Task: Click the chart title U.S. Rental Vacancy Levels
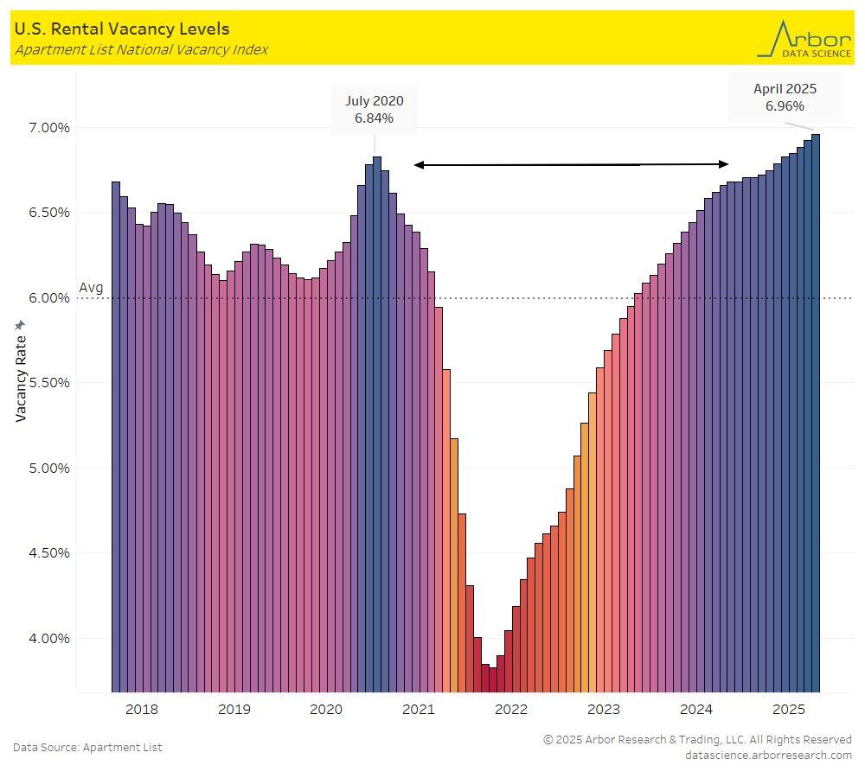122,29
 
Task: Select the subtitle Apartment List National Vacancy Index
141,50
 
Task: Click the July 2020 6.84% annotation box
374,110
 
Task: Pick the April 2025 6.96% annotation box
785,97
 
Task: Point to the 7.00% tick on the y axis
44,128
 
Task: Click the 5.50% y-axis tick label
44,383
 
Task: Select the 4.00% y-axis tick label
44,639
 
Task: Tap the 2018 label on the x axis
142,711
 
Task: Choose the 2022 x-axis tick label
511,711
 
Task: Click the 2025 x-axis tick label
789,711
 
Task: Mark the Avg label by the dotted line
90,288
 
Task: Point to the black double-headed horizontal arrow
571,164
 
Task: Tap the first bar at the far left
116,437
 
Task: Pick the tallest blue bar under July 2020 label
377,424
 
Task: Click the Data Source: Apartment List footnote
87,747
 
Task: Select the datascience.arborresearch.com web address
768,755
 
